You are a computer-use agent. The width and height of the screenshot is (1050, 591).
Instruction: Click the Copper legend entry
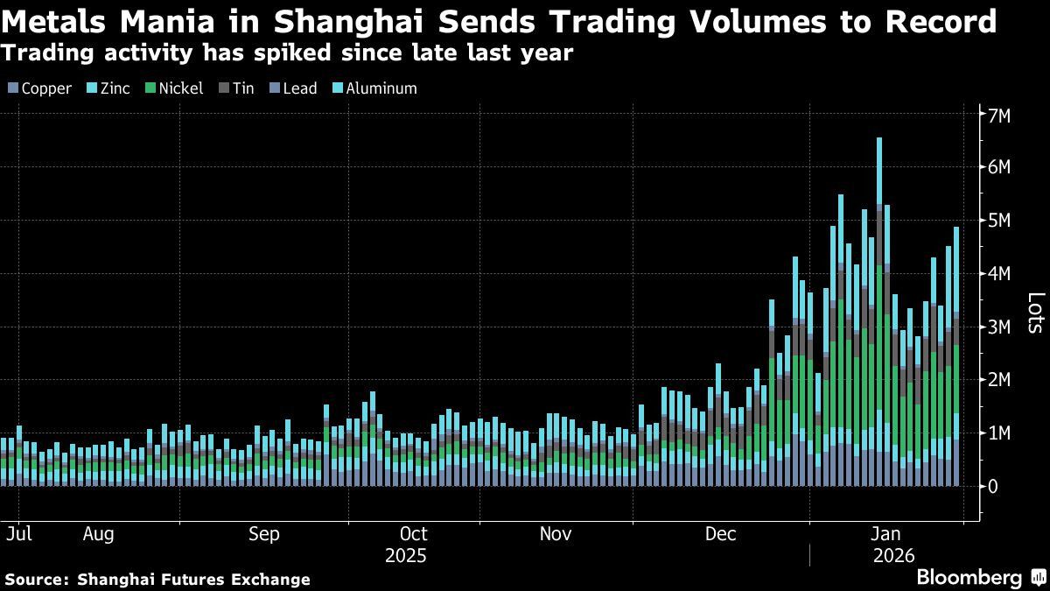click(39, 88)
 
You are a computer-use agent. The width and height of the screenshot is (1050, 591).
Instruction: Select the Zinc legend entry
click(108, 88)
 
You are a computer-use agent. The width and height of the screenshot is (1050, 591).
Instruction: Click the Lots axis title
click(1033, 313)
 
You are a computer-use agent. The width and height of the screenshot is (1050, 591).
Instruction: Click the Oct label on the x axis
click(413, 534)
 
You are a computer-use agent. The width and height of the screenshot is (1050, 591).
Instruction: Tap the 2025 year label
click(406, 556)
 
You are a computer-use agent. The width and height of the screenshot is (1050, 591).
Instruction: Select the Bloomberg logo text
click(969, 578)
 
